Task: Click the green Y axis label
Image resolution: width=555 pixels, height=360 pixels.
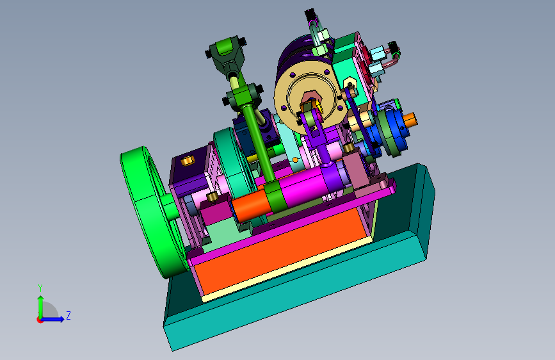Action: tap(40, 288)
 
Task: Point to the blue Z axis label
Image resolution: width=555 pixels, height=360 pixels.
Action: tap(68, 315)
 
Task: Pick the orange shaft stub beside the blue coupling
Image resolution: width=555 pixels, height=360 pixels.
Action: tap(410, 120)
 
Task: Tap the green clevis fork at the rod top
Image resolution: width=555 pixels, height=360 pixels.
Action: tap(225, 53)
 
